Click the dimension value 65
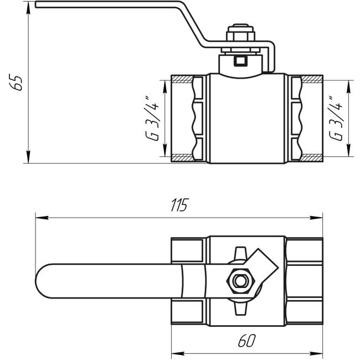(18, 82)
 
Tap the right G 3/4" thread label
(334, 119)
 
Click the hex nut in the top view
(240, 281)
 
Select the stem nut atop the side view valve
(240, 35)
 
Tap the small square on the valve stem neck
(240, 61)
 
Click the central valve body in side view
(247, 119)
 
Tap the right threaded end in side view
(305, 119)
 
